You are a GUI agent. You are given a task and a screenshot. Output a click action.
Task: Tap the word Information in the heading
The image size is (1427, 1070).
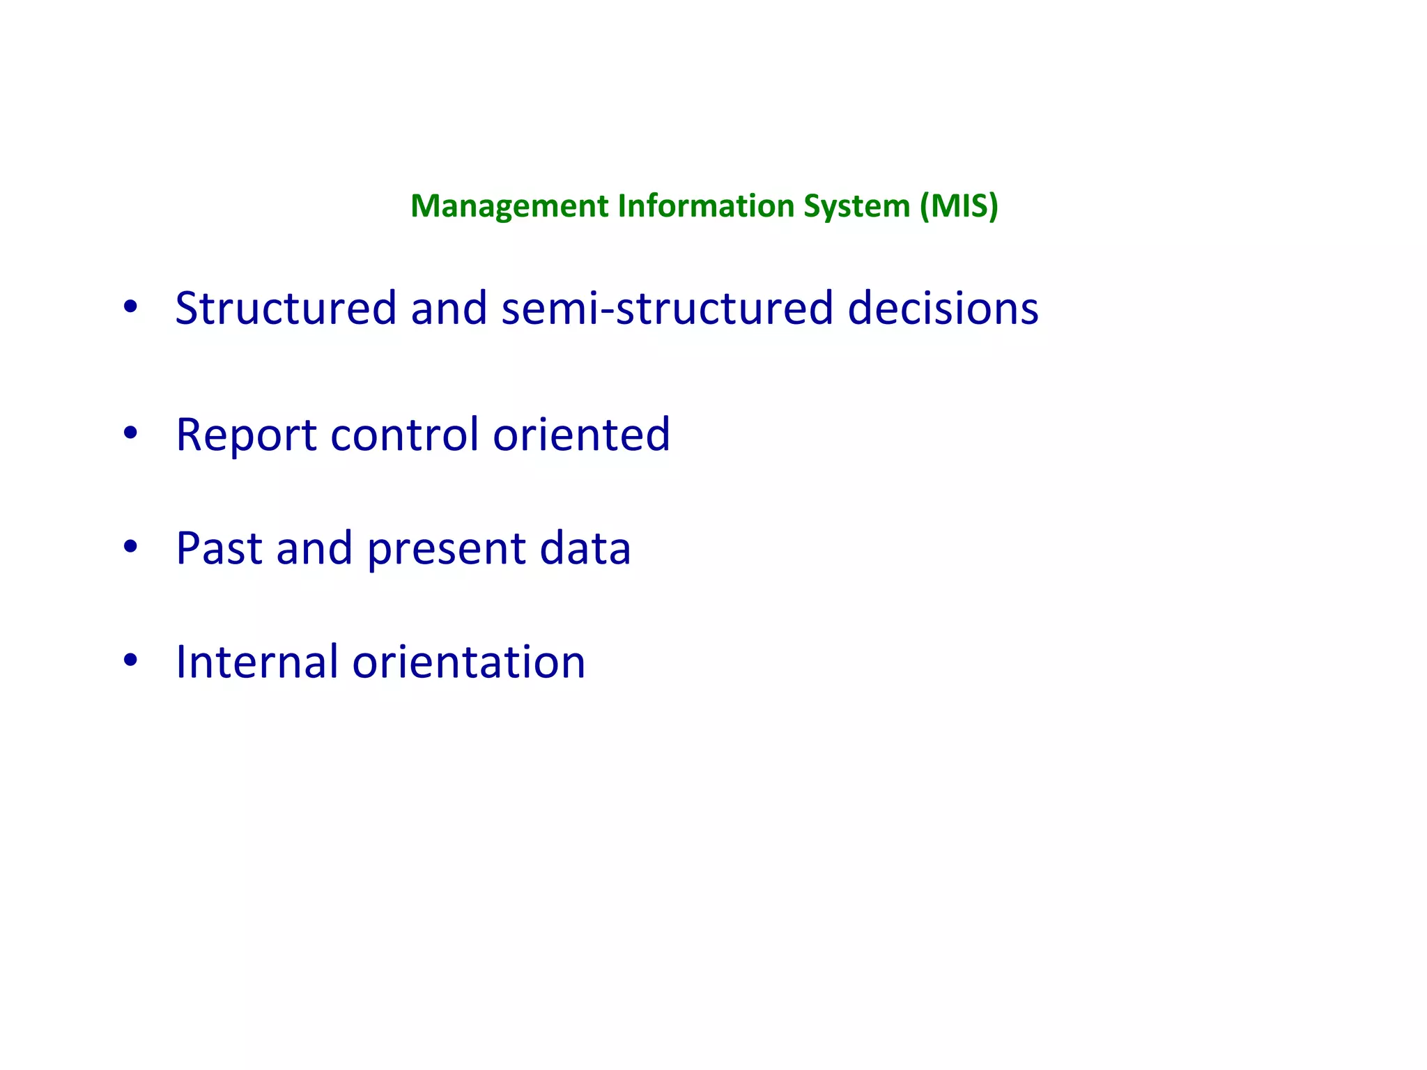pyautogui.click(x=706, y=206)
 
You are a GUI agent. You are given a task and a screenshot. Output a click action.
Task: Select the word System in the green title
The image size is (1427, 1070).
pyautogui.click(x=856, y=206)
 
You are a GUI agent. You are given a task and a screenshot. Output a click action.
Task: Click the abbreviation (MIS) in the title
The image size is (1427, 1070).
pyautogui.click(x=959, y=206)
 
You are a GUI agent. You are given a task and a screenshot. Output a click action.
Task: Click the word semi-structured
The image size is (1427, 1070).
pyautogui.click(x=667, y=308)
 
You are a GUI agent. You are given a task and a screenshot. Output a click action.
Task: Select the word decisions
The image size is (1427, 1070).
pyautogui.click(x=943, y=308)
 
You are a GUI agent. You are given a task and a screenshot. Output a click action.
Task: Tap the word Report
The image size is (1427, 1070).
pyautogui.click(x=247, y=435)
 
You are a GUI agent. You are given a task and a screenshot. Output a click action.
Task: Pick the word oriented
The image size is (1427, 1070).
pyautogui.click(x=581, y=435)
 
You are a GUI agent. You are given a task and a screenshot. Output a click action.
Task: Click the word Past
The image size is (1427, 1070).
pyautogui.click(x=218, y=548)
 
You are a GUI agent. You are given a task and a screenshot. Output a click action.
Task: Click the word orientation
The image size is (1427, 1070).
pyautogui.click(x=468, y=662)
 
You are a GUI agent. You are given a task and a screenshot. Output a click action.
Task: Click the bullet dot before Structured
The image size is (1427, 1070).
pyautogui.click(x=130, y=307)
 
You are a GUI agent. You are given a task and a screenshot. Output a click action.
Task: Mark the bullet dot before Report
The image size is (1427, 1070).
pyautogui.click(x=130, y=434)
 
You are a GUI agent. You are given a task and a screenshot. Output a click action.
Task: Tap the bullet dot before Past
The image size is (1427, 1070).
pyautogui.click(x=130, y=548)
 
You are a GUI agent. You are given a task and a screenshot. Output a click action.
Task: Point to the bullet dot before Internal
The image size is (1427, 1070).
pyautogui.click(x=130, y=660)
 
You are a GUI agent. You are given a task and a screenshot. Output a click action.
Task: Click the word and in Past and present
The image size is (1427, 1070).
pyautogui.click(x=314, y=548)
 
